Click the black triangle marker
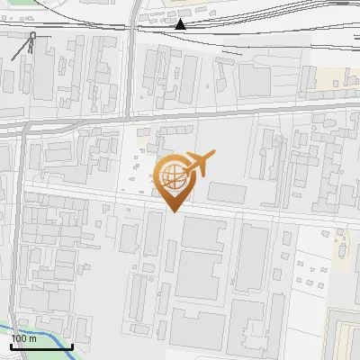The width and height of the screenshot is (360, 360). click(x=181, y=24)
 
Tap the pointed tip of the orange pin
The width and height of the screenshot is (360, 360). click(x=174, y=211)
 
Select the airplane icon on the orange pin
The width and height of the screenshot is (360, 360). click(x=198, y=163)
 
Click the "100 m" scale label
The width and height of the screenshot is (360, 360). click(x=24, y=337)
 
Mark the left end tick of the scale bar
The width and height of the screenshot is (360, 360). click(x=11, y=346)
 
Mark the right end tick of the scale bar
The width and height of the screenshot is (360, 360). click(x=72, y=346)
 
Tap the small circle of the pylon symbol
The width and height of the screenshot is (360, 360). click(x=33, y=36)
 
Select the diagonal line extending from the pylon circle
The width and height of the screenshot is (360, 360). click(x=22, y=49)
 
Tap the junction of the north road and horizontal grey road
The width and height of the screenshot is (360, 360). click(x=129, y=118)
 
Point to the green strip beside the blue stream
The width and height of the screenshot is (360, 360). click(x=40, y=343)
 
